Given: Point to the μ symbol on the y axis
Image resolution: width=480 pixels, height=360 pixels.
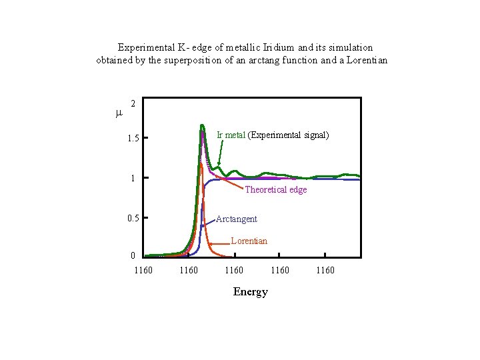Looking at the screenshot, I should [119, 113].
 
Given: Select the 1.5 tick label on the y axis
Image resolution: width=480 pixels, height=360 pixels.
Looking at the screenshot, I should [133, 139].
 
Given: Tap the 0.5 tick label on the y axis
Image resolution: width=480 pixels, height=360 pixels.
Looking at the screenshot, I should [133, 218].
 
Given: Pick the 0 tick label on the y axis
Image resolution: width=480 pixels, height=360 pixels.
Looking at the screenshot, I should [133, 256].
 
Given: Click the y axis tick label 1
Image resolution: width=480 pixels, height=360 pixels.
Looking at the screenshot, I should [133, 178].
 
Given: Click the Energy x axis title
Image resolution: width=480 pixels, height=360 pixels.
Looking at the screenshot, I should [251, 291].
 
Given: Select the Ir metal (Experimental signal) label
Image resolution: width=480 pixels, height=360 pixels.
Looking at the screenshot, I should [273, 135].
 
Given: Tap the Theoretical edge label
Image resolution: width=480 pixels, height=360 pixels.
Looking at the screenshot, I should [276, 189].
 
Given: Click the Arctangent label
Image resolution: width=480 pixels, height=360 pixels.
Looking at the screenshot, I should [237, 219].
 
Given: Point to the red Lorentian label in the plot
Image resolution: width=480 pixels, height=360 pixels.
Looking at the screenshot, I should [249, 241].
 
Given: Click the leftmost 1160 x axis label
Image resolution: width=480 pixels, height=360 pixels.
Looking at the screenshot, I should [143, 270].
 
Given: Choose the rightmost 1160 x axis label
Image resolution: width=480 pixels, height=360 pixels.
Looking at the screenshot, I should [325, 270].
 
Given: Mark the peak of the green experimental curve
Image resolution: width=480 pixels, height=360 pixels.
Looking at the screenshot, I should [202, 125].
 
